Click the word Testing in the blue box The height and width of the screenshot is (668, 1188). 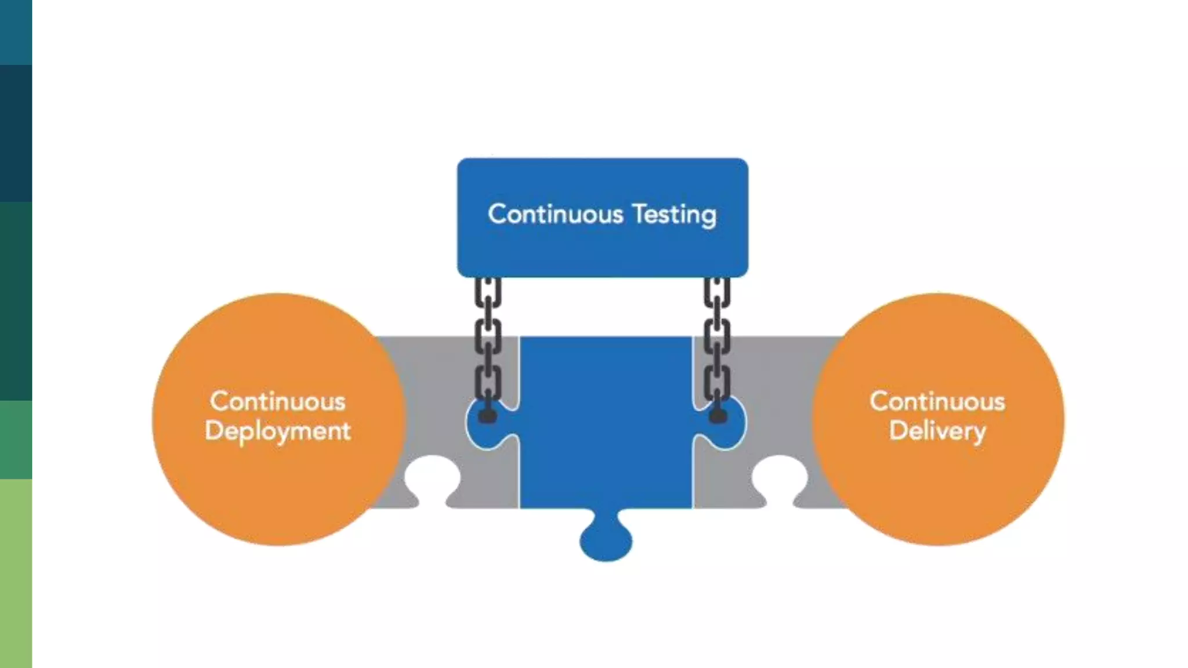point(674,215)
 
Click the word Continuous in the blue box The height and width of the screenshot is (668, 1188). point(555,214)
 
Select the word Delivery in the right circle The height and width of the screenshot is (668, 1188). point(937,431)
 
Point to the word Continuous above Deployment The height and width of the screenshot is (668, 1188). point(278,401)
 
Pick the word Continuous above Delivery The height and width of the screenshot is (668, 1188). point(937,401)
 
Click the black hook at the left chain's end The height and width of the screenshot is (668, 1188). point(487,415)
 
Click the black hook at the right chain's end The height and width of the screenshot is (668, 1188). point(718,415)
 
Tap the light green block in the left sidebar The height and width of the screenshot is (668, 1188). point(16,573)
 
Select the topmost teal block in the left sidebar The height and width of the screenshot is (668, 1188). point(16,32)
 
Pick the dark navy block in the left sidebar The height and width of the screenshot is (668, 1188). point(16,133)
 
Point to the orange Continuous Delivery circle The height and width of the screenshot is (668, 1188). point(938,419)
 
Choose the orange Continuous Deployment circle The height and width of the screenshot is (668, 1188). point(278,419)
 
